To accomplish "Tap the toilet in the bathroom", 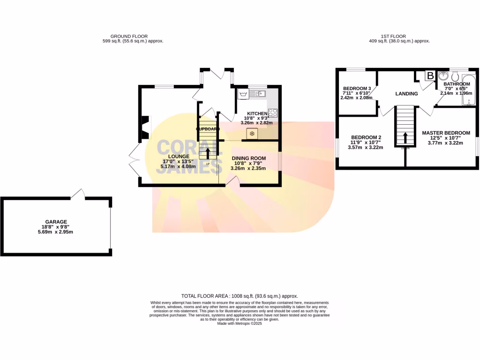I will (454, 77).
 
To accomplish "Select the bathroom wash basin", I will (443, 76).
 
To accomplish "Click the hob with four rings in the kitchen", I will (272, 112).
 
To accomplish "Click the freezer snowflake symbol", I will (252, 134).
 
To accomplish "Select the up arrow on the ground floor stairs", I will (208, 154).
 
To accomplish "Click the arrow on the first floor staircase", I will (405, 139).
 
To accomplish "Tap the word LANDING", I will (406, 94).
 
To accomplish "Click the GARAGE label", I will (56, 222).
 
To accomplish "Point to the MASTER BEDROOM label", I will (446, 133).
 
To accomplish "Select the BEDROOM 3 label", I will (357, 89).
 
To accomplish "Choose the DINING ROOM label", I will (248, 158).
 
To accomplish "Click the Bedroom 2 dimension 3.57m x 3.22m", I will (366, 148).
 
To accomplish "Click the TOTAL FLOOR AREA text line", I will (240, 296).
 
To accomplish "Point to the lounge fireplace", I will (145, 128).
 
